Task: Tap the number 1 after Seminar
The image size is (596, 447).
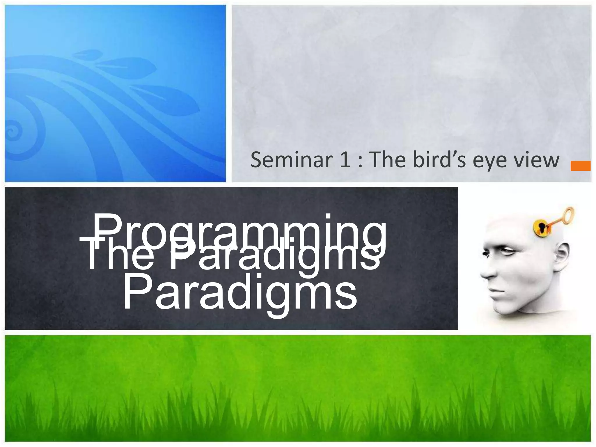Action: (345, 160)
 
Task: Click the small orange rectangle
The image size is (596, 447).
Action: (580, 166)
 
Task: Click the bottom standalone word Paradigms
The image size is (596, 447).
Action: (240, 292)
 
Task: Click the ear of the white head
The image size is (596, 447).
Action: (560, 256)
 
